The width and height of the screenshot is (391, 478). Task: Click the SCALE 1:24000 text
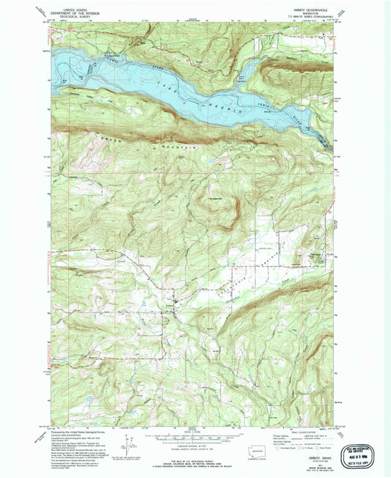pos(193,432)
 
